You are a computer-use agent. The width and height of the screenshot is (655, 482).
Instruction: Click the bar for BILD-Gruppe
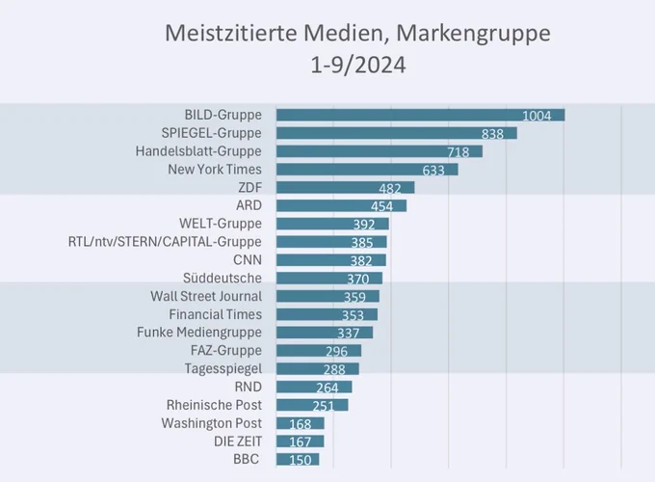pyautogui.click(x=420, y=115)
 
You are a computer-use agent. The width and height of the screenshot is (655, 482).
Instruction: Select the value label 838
pyautogui.click(x=492, y=134)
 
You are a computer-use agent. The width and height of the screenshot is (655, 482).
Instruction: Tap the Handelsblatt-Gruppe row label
pyautogui.click(x=198, y=151)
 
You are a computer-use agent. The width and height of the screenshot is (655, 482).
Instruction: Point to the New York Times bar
pyautogui.click(x=367, y=170)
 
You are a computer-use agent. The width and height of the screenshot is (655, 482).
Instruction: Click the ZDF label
pyautogui.click(x=249, y=187)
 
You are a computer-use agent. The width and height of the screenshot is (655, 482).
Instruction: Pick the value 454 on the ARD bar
pyautogui.click(x=381, y=206)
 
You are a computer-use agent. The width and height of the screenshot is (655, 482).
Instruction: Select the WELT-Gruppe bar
pyautogui.click(x=332, y=224)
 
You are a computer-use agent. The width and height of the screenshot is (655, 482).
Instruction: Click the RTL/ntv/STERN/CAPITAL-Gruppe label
pyautogui.click(x=165, y=242)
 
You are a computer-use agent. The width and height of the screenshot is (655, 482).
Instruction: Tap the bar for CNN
pyautogui.click(x=330, y=260)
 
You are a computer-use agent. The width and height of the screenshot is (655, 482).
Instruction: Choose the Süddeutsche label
pyautogui.click(x=223, y=278)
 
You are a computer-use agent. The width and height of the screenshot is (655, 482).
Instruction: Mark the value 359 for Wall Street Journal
pyautogui.click(x=354, y=297)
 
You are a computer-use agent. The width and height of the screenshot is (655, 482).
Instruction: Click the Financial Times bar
pyautogui.click(x=327, y=314)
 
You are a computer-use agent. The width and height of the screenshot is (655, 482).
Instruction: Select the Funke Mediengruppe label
pyautogui.click(x=199, y=333)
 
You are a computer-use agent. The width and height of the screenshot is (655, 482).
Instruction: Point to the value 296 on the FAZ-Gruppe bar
pyautogui.click(x=337, y=351)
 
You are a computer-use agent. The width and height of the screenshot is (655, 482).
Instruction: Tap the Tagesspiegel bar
pyautogui.click(x=318, y=368)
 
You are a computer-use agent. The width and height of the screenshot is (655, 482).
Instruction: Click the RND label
pyautogui.click(x=249, y=387)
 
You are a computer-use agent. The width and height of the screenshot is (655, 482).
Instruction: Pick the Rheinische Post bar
pyautogui.click(x=312, y=405)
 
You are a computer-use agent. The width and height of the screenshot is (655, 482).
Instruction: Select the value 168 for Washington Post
pyautogui.click(x=301, y=424)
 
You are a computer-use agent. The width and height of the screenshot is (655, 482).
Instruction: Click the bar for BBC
pyautogui.click(x=298, y=459)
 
